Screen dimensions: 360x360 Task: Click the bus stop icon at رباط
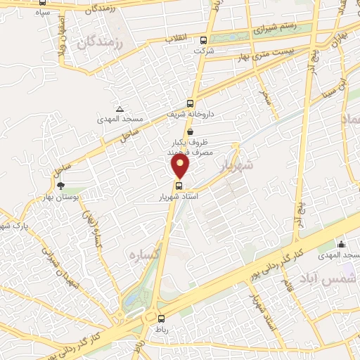click(161, 318)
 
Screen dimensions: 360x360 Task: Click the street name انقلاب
click(176, 37)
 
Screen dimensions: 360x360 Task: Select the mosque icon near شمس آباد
click(342, 244)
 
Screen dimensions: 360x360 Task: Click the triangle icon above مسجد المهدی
click(120, 109)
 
